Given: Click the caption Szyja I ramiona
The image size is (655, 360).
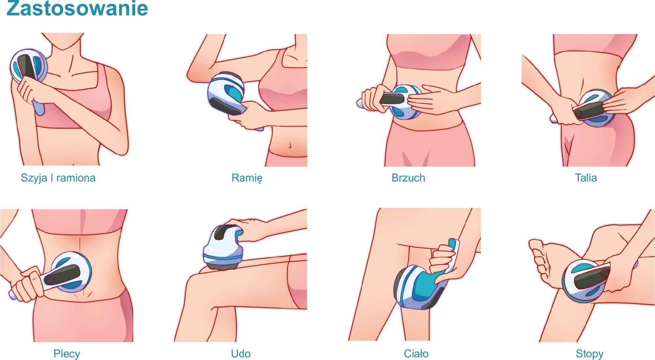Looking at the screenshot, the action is [58, 178].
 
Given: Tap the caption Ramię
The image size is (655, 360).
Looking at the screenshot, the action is [247, 178].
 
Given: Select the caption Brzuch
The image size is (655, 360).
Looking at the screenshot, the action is [408, 178].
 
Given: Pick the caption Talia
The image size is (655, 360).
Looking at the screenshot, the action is [586, 178].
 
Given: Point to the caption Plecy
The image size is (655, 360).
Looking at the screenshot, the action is [67, 354].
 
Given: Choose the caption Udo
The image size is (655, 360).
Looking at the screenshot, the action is [241, 354].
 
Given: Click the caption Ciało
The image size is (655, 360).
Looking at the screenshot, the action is [416, 354].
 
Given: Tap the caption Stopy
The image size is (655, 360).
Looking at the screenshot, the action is [589, 354].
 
